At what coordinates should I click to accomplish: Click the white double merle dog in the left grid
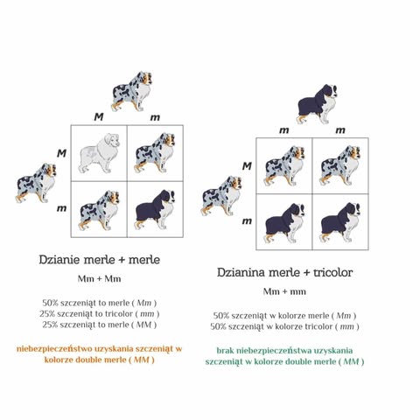[99, 153]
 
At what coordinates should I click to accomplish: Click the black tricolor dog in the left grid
[155, 209]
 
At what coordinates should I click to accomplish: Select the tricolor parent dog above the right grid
[318, 104]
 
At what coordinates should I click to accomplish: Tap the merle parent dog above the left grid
[132, 91]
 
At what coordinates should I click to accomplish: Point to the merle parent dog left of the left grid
[36, 183]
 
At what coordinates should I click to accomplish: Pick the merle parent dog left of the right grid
[221, 195]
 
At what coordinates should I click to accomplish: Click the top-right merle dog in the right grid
[340, 165]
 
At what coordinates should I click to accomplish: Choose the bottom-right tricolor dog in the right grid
[340, 222]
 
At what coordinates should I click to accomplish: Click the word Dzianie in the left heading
[59, 260]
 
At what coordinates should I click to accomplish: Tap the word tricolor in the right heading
[332, 272]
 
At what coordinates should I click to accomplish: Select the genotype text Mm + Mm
[99, 279]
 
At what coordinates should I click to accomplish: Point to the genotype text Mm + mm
[284, 291]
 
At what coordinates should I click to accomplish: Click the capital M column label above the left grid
[99, 117]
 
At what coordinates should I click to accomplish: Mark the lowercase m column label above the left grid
[155, 117]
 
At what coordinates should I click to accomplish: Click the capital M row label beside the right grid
[247, 166]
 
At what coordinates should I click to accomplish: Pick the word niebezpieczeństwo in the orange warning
[55, 349]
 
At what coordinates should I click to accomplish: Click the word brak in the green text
[225, 350]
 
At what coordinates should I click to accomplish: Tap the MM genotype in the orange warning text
[142, 360]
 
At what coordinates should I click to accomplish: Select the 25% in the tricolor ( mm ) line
[47, 314]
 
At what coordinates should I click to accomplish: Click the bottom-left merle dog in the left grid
[99, 210]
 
